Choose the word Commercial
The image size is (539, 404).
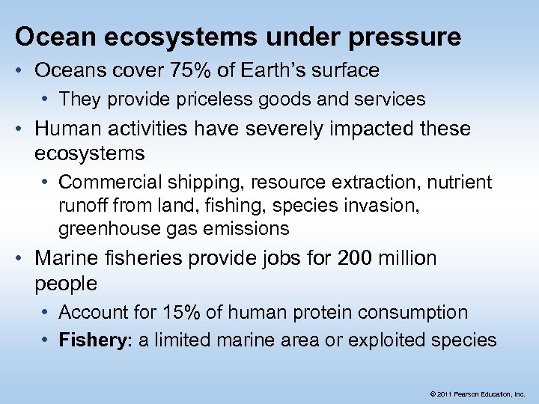106,182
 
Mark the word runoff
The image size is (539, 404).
83,205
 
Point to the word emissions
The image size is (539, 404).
251,228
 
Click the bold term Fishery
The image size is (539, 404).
91,340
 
